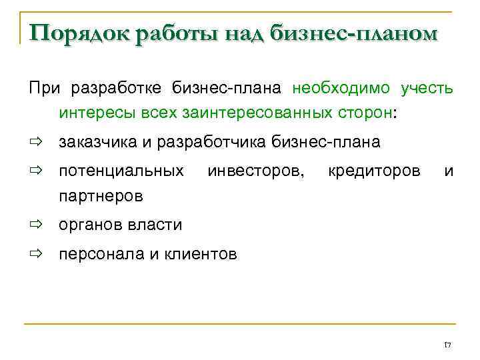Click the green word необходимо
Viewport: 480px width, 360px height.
click(x=343, y=89)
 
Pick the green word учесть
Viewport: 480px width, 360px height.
click(x=427, y=89)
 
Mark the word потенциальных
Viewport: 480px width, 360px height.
click(x=122, y=171)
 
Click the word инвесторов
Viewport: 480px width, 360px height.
click(x=257, y=171)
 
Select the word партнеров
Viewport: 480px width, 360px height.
click(x=101, y=197)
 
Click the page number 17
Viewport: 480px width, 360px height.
click(x=447, y=345)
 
